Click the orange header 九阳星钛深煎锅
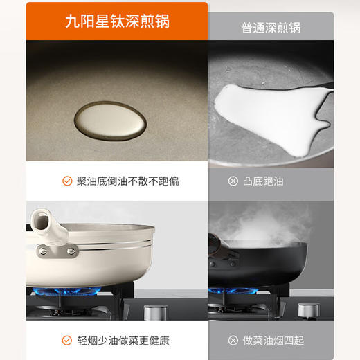click(x=116, y=21)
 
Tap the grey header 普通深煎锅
click(x=271, y=28)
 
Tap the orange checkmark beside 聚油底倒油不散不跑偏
click(x=68, y=181)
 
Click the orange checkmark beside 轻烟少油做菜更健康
click(x=68, y=340)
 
